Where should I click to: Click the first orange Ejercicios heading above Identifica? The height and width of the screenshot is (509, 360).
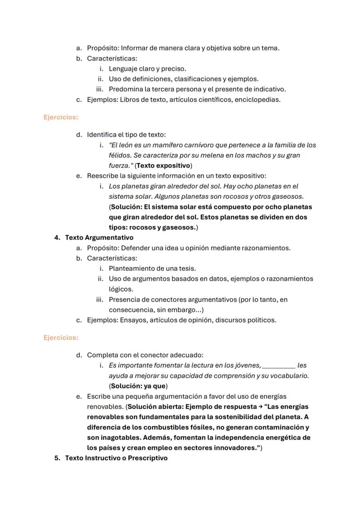tap(61, 117)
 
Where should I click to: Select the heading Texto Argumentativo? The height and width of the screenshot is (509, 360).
tap(99, 238)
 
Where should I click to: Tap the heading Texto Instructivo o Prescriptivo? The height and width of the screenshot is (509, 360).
tap(116, 458)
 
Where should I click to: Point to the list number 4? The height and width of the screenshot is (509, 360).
tap(57, 238)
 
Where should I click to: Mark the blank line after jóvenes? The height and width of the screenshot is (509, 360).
tap(279, 366)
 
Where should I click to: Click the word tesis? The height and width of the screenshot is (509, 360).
tap(186, 269)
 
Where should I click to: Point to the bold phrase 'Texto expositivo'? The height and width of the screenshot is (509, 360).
tap(163, 166)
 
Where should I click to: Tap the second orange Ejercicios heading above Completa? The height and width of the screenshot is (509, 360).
tap(61, 338)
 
